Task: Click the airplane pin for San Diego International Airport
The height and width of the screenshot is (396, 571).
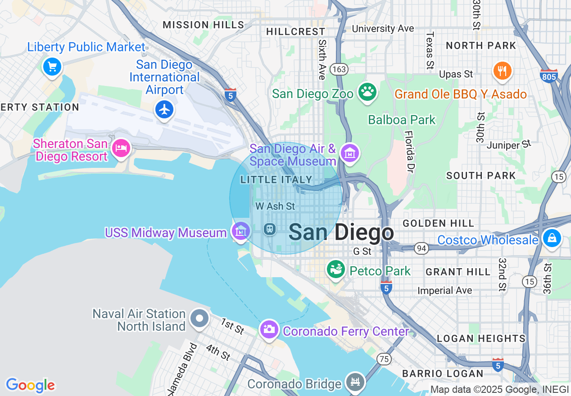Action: [164, 109]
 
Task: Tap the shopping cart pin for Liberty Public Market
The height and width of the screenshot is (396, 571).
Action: [52, 67]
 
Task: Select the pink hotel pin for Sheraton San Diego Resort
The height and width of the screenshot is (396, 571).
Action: [121, 148]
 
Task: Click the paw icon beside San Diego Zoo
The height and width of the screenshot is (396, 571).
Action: [367, 92]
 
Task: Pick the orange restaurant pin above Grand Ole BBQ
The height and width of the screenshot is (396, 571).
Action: [502, 71]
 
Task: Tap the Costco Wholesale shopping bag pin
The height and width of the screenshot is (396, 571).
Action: [552, 237]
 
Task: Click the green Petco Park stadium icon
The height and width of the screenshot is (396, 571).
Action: [336, 269]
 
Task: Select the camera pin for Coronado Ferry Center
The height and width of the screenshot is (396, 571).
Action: [269, 329]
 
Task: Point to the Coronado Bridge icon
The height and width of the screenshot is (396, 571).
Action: [356, 382]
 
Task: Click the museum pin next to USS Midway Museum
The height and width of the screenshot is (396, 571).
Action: [241, 231]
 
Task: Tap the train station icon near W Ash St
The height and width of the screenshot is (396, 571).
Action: [270, 229]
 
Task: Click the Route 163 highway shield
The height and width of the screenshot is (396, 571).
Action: [339, 69]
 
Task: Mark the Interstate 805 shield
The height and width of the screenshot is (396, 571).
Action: [549, 76]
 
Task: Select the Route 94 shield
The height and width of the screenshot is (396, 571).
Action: [421, 248]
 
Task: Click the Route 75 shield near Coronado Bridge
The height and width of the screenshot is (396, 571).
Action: [384, 359]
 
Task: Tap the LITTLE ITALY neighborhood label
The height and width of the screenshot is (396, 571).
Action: [276, 180]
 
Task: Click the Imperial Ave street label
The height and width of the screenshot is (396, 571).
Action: [444, 291]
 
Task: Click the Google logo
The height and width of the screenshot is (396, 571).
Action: [30, 385]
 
